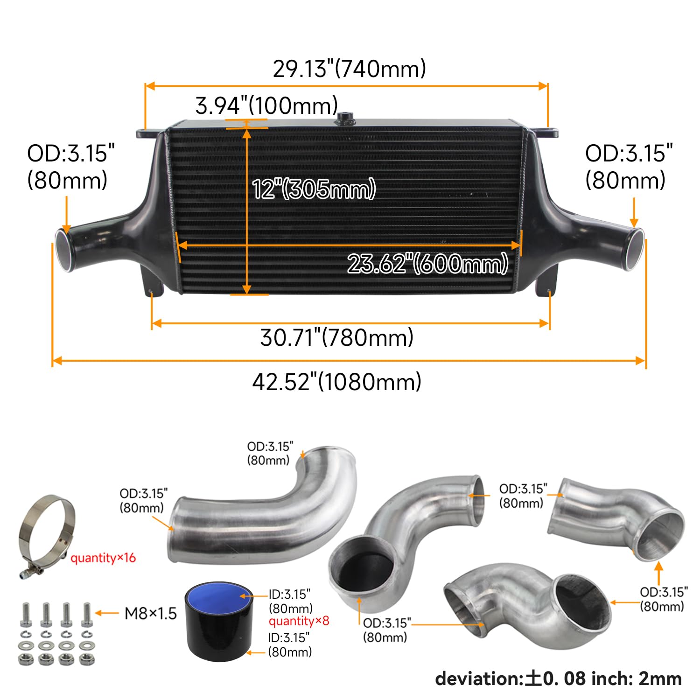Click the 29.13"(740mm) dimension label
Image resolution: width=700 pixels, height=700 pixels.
pos(349,69)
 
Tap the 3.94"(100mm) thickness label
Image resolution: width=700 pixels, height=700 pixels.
pos(266,105)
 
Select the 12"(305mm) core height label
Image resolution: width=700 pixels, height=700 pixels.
pos(314,189)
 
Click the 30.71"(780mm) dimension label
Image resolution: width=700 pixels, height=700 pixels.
pos(337,337)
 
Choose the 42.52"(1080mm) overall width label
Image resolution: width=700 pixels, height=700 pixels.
pos(337,382)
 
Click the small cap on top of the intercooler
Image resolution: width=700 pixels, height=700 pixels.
pos(345,118)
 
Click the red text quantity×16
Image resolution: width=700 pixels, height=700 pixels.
pos(103,558)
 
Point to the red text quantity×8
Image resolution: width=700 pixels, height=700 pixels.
pos(299,621)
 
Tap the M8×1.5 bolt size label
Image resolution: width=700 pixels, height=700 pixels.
pos(150,613)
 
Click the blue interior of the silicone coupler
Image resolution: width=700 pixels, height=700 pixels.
pos(218,595)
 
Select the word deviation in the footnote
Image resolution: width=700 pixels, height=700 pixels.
pos(476,679)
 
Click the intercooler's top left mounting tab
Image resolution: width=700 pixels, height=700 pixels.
pos(147,134)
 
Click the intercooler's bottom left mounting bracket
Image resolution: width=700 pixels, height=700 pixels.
pos(152,282)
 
